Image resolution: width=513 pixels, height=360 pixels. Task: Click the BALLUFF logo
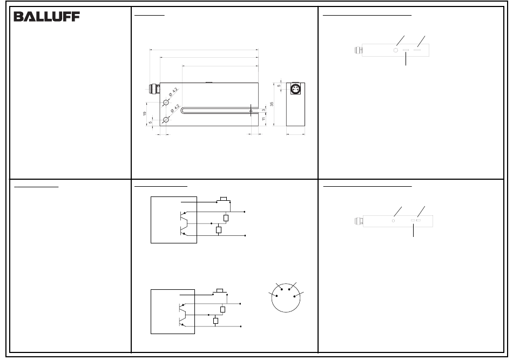[x=47, y=17]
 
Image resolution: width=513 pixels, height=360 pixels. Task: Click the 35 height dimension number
[x=272, y=104]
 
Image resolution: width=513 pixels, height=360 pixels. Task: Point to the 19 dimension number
[x=145, y=113]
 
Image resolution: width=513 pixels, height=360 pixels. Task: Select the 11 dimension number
[x=264, y=118]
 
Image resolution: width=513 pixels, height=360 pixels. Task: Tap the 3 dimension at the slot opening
[x=264, y=110]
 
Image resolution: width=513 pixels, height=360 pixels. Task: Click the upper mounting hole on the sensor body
[x=166, y=103]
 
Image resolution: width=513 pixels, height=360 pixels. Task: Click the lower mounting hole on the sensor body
[x=166, y=120]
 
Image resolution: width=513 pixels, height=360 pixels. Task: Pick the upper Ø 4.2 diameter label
[x=173, y=92]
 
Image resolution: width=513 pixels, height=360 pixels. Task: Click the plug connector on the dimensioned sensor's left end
[x=154, y=89]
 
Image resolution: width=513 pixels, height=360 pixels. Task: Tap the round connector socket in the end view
[x=296, y=89]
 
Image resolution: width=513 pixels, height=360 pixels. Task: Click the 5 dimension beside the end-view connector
[x=279, y=86]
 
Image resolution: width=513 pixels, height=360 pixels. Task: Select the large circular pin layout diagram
[x=286, y=298]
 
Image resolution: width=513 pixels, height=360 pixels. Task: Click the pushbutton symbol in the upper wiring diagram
[x=224, y=199]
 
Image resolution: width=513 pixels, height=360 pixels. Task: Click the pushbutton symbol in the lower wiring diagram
[x=220, y=291]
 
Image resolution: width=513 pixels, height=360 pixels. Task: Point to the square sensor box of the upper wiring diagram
[x=174, y=220]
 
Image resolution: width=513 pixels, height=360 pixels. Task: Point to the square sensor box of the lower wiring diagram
[x=173, y=311]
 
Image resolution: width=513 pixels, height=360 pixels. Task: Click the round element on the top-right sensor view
[x=395, y=50]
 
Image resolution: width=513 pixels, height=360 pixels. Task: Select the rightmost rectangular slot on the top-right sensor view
[x=417, y=50]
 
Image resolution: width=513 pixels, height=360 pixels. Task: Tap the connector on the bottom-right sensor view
[x=359, y=221]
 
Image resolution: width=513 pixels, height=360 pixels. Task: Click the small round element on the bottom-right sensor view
[x=393, y=221]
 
